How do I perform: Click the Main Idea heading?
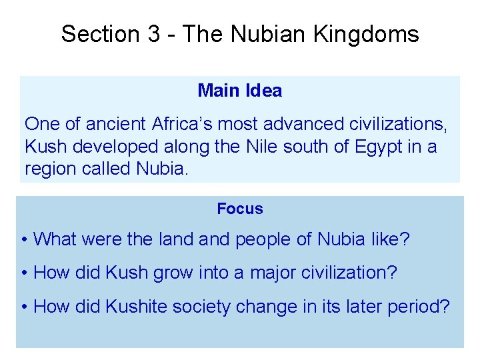[x=240, y=91]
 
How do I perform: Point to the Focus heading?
[x=240, y=209]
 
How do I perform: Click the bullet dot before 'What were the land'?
[x=23, y=239]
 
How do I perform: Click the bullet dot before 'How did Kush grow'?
[x=23, y=273]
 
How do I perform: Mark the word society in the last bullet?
[x=207, y=307]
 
